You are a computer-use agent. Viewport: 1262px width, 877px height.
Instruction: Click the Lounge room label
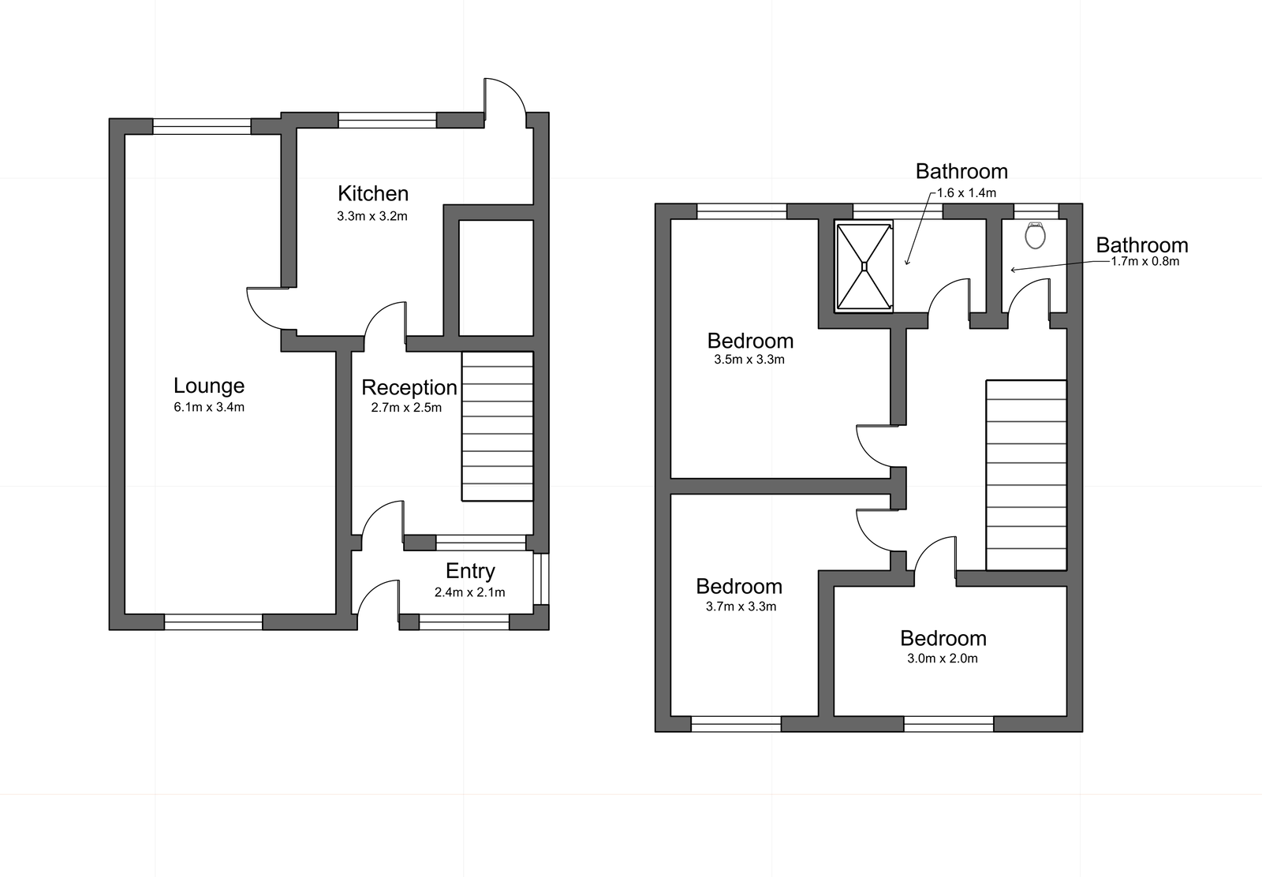coord(209,386)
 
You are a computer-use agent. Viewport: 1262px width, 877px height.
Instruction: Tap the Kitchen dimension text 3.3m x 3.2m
coord(372,216)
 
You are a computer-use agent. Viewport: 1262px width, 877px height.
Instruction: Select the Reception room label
coord(409,387)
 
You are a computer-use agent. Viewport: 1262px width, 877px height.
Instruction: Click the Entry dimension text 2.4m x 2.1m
coord(469,592)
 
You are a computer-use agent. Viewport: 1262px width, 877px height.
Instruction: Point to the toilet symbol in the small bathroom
coord(1035,235)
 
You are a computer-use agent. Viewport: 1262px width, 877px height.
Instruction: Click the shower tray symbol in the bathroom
coord(864,266)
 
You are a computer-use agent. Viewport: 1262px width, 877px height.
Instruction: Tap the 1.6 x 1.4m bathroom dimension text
coord(966,192)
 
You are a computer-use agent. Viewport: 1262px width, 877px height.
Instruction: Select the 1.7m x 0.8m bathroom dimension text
coord(1144,262)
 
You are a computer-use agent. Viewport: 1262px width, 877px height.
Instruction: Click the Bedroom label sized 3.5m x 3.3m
coord(750,341)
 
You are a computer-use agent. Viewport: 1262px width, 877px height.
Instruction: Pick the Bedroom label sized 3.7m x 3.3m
coord(739,586)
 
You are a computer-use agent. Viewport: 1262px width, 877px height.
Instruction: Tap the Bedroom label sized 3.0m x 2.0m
coord(943,638)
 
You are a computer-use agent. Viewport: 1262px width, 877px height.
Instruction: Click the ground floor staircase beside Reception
coord(497,426)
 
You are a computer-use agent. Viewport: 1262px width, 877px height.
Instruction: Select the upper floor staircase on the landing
coord(1025,475)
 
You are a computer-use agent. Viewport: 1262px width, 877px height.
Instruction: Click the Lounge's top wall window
coord(202,126)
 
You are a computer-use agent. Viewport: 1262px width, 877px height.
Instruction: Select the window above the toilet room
coord(1035,211)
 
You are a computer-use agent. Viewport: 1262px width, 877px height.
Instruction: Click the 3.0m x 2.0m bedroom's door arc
coord(937,552)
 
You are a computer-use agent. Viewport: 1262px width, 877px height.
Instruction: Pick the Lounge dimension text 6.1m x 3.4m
coord(209,408)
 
